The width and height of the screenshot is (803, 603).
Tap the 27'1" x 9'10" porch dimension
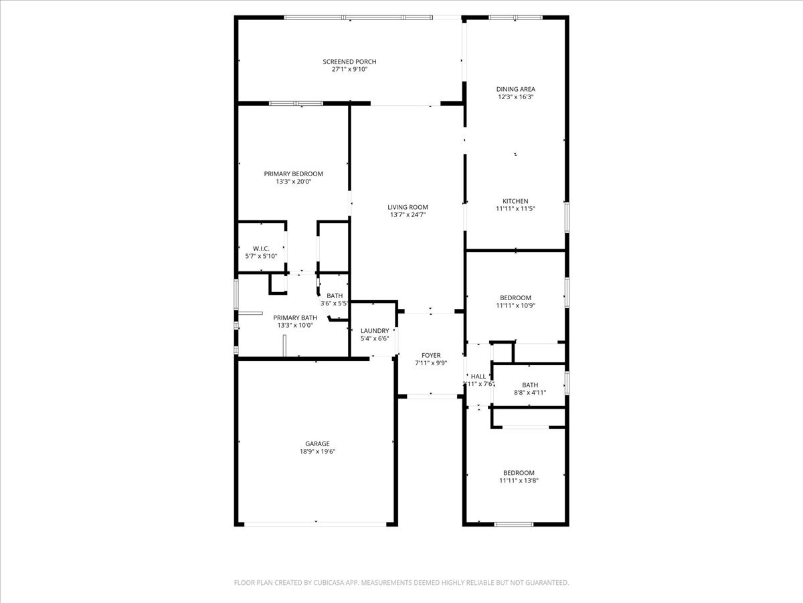[350, 69]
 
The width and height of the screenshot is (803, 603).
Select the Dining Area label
[515, 89]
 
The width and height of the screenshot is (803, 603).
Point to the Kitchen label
[515, 201]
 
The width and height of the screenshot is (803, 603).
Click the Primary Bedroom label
[293, 174]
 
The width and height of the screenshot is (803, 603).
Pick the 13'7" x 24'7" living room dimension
[408, 215]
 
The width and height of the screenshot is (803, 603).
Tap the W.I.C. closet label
[261, 249]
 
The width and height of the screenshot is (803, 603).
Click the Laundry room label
[374, 330]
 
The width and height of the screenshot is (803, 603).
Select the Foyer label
[430, 355]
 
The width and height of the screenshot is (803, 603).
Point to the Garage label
[317, 444]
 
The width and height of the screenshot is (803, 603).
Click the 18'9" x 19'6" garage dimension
[317, 452]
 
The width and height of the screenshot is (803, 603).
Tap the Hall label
[478, 377]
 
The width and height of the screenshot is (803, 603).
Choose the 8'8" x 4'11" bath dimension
[529, 393]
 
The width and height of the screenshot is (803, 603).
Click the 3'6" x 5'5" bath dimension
[334, 304]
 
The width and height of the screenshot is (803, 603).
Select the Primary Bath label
[295, 318]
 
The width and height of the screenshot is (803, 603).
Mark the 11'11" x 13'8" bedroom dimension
[519, 480]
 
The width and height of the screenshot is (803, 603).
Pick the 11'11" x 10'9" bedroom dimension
[515, 306]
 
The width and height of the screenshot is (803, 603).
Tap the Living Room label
[408, 207]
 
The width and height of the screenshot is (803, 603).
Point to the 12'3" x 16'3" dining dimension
[515, 96]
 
